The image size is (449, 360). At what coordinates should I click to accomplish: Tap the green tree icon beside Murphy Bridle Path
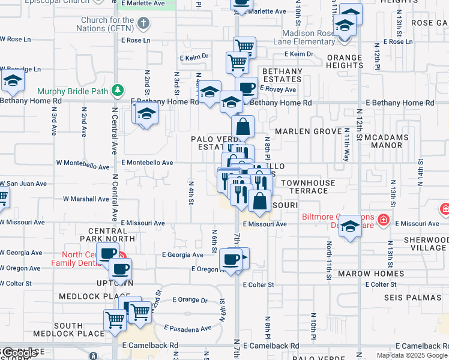[119, 91]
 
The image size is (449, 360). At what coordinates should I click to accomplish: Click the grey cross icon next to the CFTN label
[143, 24]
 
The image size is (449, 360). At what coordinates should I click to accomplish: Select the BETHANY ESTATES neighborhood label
[282, 75]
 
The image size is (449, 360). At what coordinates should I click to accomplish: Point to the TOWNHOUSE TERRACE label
[304, 186]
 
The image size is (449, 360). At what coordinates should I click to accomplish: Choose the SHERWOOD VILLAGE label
[425, 243]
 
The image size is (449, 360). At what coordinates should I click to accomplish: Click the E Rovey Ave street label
[278, 89]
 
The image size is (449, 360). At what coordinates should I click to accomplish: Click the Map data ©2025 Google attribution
[412, 355]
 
